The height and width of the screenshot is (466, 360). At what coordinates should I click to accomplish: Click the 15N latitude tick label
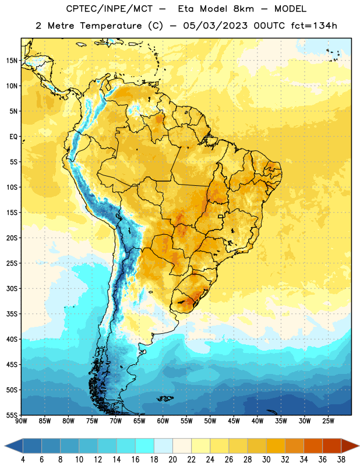coord(12,61)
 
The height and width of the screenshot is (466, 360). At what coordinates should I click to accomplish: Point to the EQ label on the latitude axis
coord(13,137)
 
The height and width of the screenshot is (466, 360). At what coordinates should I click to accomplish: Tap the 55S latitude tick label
coord(12,415)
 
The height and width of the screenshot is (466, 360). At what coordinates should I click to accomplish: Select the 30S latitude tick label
coord(12,288)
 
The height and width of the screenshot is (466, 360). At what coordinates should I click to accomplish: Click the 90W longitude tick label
coord(21,421)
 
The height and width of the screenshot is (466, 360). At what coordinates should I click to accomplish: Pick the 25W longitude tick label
coord(328,421)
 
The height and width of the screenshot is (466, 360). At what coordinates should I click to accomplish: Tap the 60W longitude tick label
coord(163,421)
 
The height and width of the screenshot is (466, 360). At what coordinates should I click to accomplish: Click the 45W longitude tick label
coord(234,421)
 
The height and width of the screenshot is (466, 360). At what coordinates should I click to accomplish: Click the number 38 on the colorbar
coord(341,460)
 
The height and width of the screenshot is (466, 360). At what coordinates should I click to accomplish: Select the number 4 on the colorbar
coord(23,460)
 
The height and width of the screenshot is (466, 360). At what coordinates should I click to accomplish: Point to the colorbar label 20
coord(172,460)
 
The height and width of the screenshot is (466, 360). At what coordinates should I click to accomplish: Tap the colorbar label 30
coord(266,460)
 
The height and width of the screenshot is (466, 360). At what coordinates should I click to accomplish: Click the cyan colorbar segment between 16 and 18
coord(144,446)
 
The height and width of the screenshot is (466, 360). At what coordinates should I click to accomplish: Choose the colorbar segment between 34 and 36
coord(313,446)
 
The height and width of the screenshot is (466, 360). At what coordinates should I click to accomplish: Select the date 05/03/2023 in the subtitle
coord(215,26)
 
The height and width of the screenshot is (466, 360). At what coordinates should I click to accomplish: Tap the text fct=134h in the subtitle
coord(314,26)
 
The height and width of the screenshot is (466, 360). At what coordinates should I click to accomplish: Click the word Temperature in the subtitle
coord(111,26)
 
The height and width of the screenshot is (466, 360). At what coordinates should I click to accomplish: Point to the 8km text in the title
coord(243,9)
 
